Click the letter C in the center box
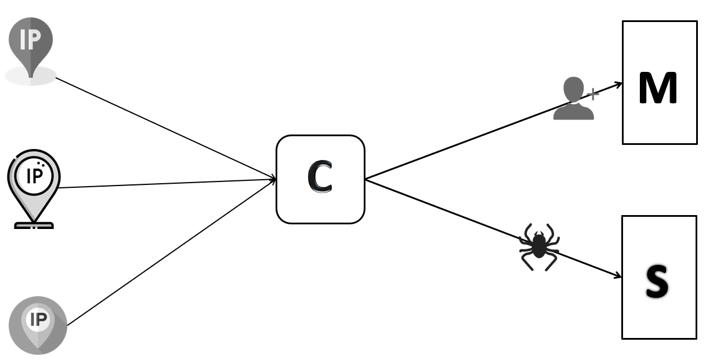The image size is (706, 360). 320,179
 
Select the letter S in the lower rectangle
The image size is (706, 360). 657,282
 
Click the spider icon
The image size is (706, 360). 538,246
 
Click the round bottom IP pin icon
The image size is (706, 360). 38,325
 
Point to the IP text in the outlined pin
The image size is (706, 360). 34,176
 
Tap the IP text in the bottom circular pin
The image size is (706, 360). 39,318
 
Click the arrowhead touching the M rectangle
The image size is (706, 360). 618,85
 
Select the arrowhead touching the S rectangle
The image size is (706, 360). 618,276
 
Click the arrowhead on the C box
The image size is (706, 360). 273,179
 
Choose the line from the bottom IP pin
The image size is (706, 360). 168,253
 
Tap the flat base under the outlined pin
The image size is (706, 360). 34,225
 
